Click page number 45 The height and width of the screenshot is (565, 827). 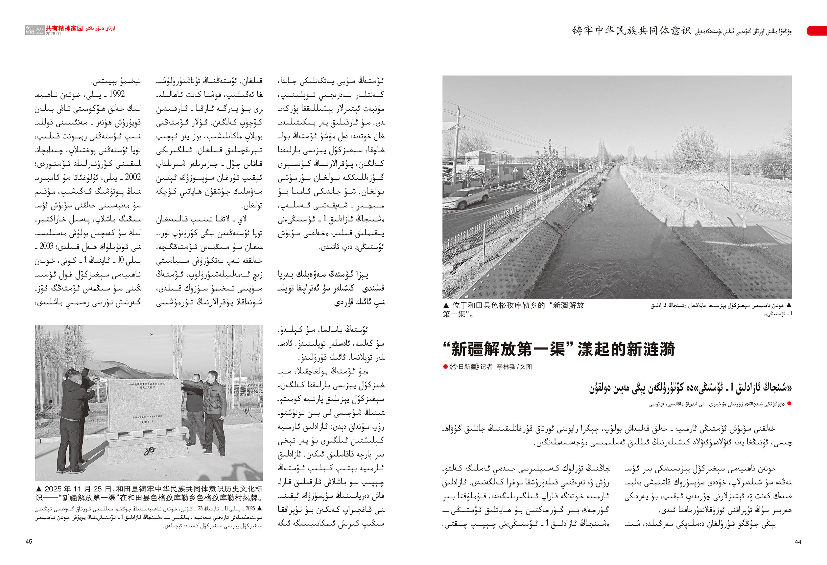coord(29,542)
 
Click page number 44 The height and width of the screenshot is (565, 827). coord(798,542)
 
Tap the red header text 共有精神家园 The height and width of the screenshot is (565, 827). coord(64,29)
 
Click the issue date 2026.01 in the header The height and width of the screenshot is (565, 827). coord(53,34)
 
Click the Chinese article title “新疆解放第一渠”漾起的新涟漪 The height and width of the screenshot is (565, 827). coord(559,349)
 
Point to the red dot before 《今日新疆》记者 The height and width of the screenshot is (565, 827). coord(445,367)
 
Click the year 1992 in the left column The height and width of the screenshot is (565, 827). coord(117,94)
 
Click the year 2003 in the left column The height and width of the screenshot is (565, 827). coord(46,246)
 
